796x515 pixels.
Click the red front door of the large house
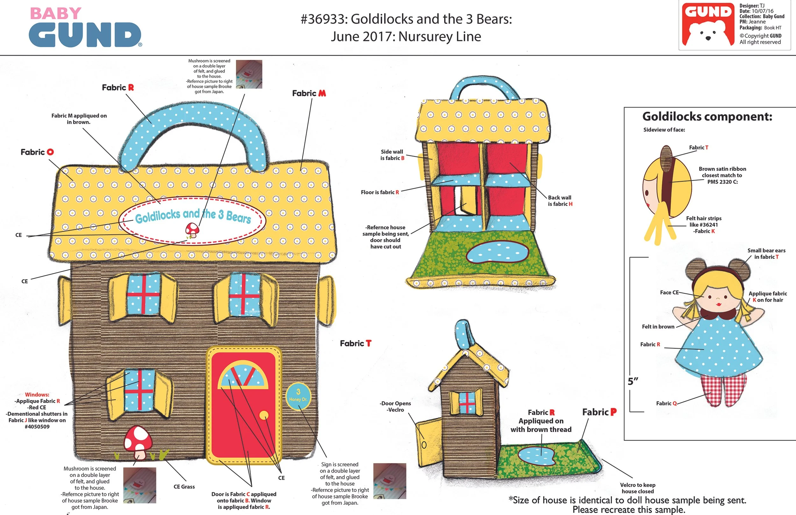point(244,425)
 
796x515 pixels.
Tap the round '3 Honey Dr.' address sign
point(298,396)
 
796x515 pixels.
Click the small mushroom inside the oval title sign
point(192,230)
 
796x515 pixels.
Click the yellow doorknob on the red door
point(264,415)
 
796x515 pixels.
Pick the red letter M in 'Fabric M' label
point(322,93)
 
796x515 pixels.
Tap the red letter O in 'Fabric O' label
point(50,152)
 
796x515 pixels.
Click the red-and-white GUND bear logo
point(708,25)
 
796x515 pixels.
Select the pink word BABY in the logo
point(55,14)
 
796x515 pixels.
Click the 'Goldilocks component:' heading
point(707,117)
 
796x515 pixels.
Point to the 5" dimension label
point(633,381)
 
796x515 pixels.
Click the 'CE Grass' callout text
point(184,487)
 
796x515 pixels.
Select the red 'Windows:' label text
point(37,395)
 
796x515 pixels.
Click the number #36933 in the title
point(323,19)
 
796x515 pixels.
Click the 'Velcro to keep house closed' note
point(637,488)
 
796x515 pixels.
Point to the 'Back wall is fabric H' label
point(560,201)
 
